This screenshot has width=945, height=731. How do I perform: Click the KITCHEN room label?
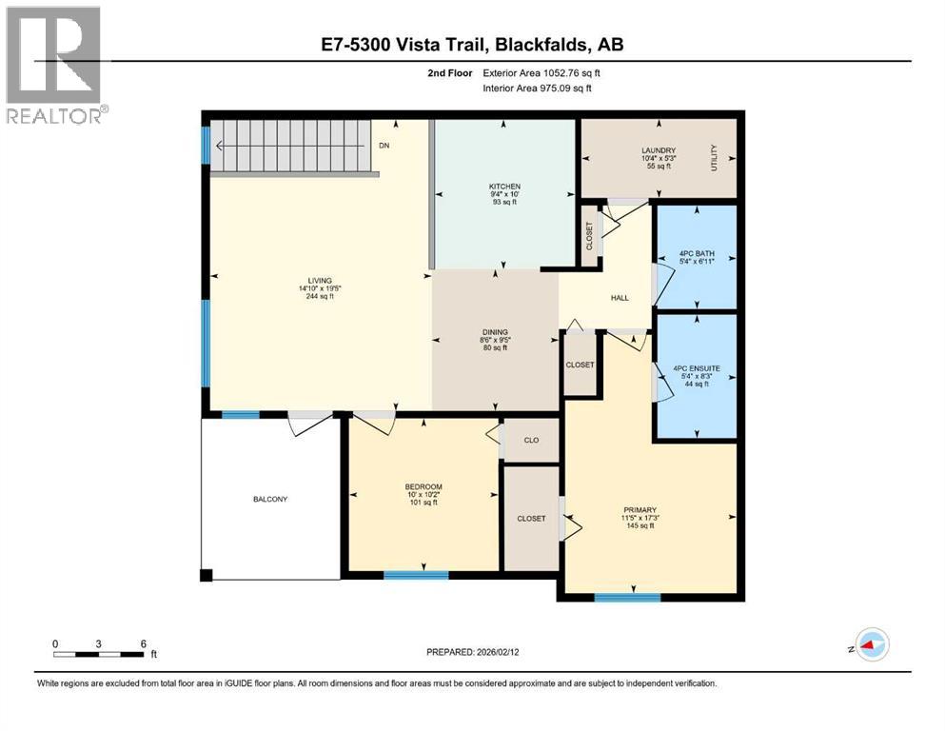(x=504, y=186)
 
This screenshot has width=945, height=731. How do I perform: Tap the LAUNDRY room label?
(x=659, y=149)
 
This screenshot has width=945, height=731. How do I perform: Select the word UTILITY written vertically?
(x=714, y=158)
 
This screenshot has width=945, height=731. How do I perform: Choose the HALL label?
(x=620, y=298)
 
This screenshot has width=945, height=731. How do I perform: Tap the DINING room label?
(x=493, y=331)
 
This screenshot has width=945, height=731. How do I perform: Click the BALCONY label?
(x=270, y=499)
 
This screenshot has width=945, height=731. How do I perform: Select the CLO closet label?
(x=531, y=440)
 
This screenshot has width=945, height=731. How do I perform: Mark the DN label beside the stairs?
(x=384, y=146)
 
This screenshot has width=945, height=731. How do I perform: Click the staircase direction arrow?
(x=221, y=146)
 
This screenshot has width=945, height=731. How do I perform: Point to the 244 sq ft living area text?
(x=319, y=297)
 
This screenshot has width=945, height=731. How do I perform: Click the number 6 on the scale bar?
(x=143, y=643)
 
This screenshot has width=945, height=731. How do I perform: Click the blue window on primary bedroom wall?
(x=627, y=597)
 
